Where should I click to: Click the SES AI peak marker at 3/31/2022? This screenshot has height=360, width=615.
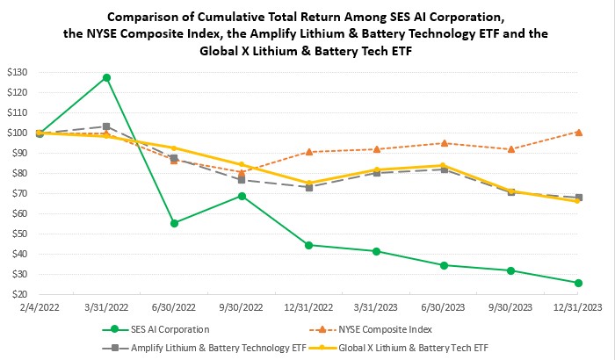pyautogui.click(x=106, y=77)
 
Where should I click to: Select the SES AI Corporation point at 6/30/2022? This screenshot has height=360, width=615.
pyautogui.click(x=174, y=223)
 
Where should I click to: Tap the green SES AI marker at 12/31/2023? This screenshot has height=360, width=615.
pyautogui.click(x=578, y=283)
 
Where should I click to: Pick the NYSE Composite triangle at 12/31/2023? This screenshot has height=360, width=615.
pyautogui.click(x=578, y=132)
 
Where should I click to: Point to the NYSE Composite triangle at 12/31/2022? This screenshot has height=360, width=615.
pyautogui.click(x=308, y=151)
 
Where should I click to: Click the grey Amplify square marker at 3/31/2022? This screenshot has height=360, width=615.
pyautogui.click(x=106, y=126)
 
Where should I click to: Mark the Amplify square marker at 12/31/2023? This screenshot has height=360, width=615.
pyautogui.click(x=578, y=198)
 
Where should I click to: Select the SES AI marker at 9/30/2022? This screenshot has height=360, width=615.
pyautogui.click(x=242, y=196)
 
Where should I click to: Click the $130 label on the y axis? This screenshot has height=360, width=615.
pyautogui.click(x=19, y=72)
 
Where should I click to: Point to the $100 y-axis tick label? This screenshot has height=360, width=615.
pyautogui.click(x=19, y=133)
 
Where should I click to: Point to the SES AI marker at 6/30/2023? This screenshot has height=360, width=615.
pyautogui.click(x=444, y=265)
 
